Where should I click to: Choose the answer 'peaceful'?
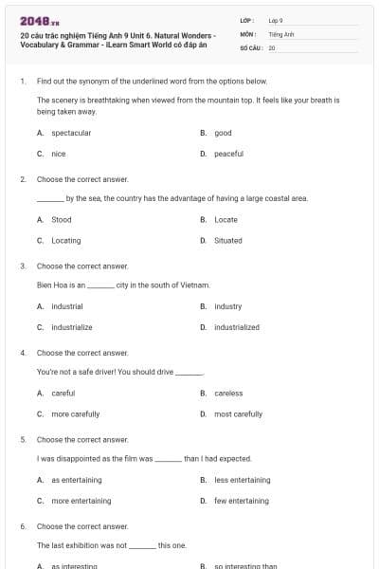[x=228, y=154]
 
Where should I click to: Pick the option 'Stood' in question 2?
[x=61, y=219]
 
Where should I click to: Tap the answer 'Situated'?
[x=227, y=240]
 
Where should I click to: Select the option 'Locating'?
[x=65, y=240]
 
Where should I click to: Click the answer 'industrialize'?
[x=71, y=327]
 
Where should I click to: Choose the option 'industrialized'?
[x=236, y=327]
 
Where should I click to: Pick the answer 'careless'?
[x=228, y=393]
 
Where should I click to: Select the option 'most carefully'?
[x=238, y=413]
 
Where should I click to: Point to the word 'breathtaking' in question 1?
[x=104, y=99]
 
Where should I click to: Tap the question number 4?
[x=22, y=352]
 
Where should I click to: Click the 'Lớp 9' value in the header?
[x=276, y=19]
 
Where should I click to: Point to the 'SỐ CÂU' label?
[x=251, y=46]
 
